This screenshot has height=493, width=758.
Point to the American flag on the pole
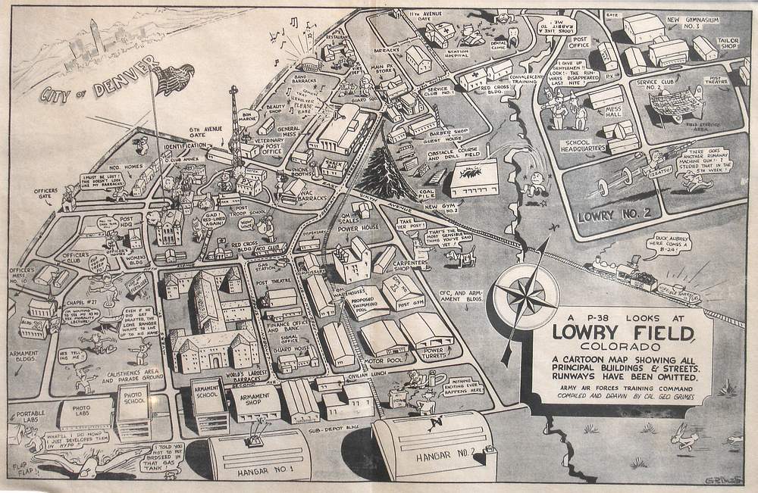(x=173, y=79)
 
